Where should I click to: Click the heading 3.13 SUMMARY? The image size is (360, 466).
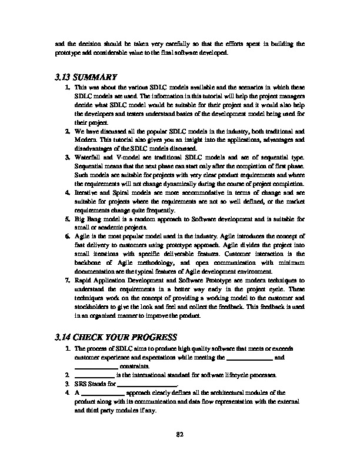pos(85,76)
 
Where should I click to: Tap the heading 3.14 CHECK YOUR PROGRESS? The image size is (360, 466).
pos(115,337)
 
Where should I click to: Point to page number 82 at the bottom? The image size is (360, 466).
pos(180,435)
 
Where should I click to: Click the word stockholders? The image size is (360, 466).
pos(93,307)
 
